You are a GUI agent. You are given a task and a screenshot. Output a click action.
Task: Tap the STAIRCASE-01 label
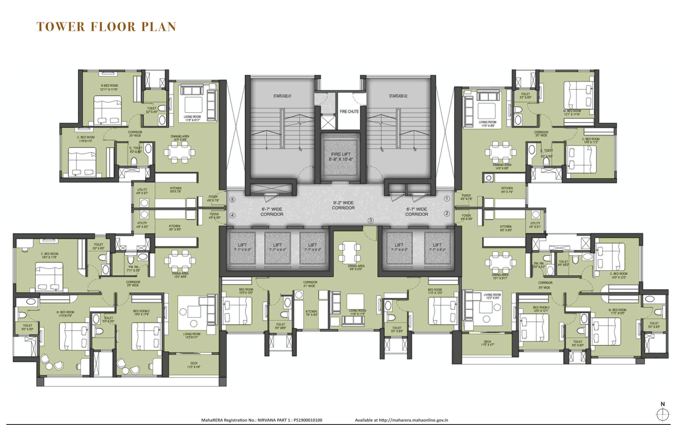point(282,96)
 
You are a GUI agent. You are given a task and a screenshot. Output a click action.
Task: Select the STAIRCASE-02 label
point(398,96)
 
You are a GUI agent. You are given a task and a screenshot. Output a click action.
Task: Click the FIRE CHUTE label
point(349,112)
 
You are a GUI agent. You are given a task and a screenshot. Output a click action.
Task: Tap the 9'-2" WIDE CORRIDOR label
point(343,205)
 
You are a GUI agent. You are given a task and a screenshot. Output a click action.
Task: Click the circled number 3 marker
point(371,221)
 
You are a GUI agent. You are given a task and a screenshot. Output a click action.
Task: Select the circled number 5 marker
point(233,200)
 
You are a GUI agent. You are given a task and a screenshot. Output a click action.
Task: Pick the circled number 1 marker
point(446,199)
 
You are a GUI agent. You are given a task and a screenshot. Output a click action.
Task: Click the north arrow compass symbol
point(662,414)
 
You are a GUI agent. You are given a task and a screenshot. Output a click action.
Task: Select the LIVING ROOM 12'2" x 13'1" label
point(192,335)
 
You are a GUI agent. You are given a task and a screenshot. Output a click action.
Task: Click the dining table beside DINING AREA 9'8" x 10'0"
point(349,252)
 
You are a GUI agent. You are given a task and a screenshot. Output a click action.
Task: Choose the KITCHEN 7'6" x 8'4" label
point(311,313)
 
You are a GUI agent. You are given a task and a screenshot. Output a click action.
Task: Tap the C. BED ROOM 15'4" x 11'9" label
point(49,256)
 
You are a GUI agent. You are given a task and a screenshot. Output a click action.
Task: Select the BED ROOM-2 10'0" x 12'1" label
point(541,309)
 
